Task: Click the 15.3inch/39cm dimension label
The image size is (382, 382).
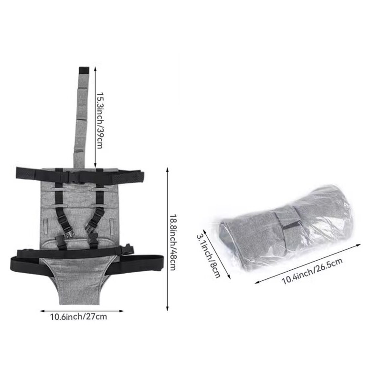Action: [99, 120]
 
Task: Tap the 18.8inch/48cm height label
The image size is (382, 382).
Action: [172, 242]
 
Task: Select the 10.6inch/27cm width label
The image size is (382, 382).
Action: [78, 317]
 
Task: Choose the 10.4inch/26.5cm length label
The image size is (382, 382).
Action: [312, 271]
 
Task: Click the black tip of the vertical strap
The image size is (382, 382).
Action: [84, 70]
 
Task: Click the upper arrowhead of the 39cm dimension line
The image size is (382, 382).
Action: [95, 69]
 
